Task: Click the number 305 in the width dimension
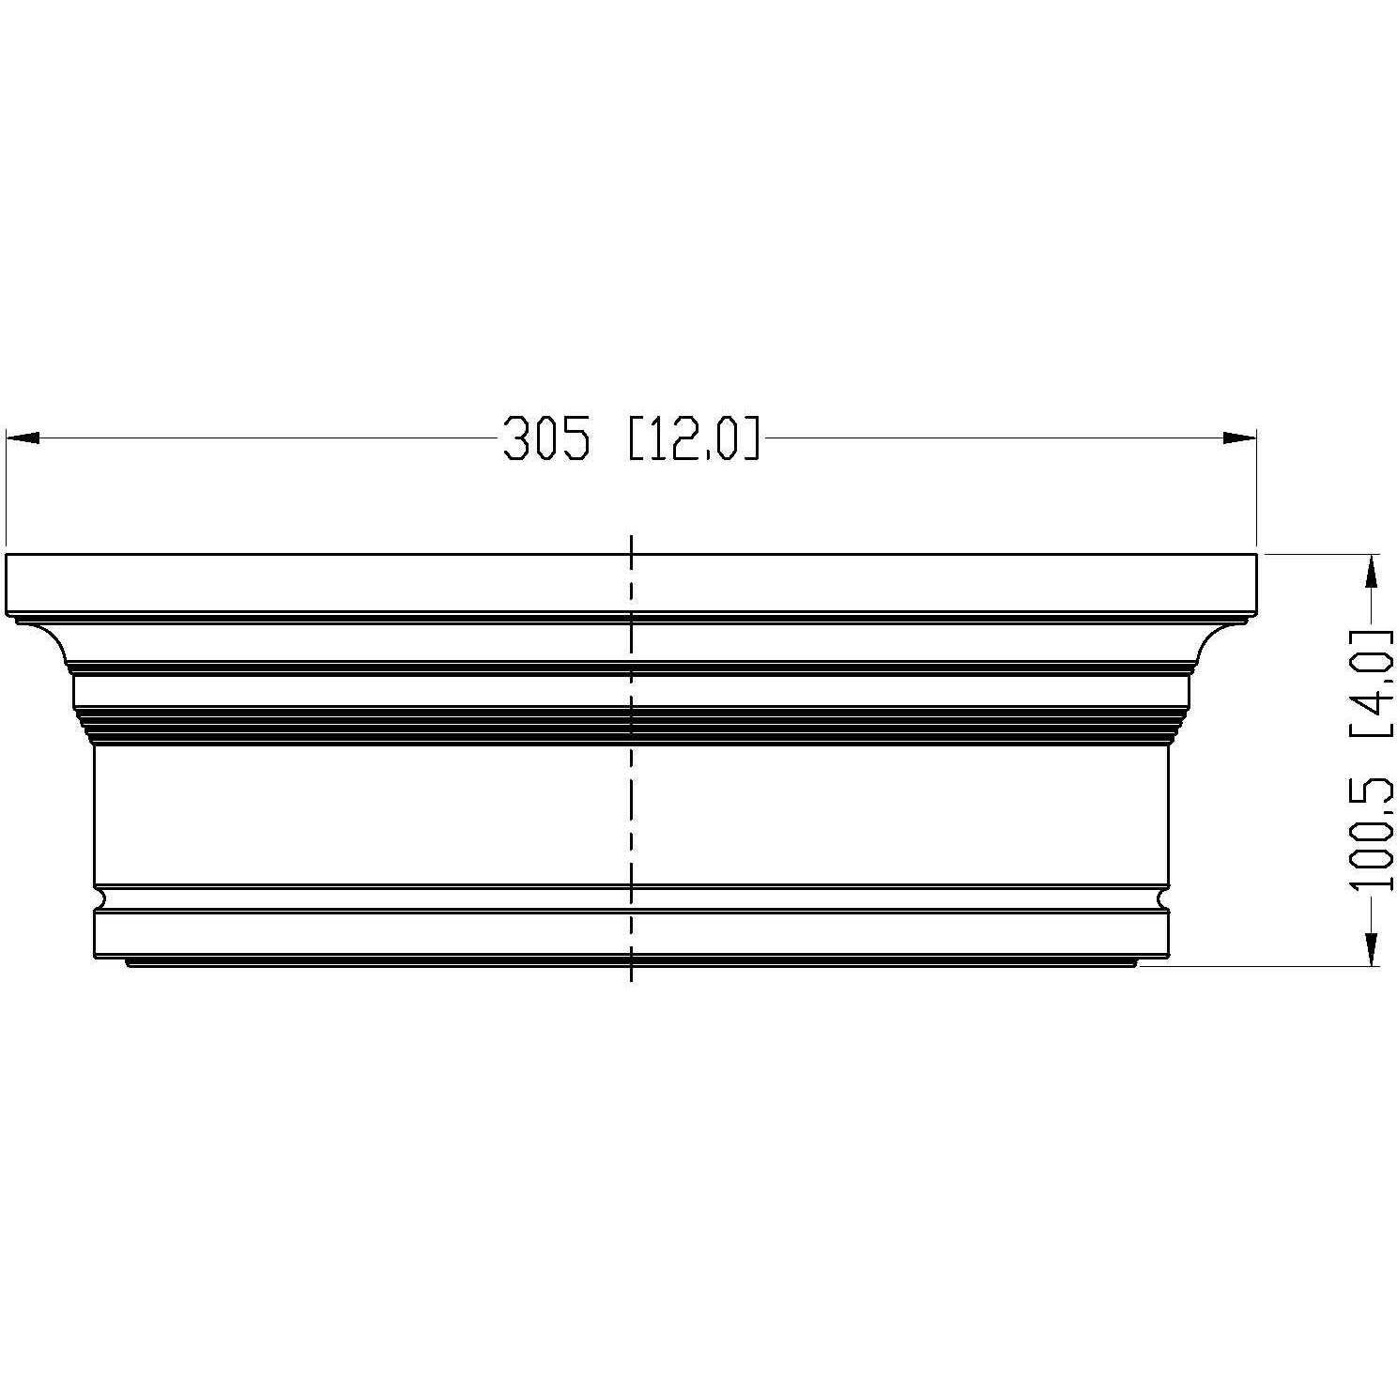pyautogui.click(x=547, y=439)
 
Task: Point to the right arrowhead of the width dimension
pyautogui.click(x=1239, y=438)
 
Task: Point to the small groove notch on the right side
pyautogui.click(x=1162, y=898)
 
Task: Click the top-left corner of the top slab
pyautogui.click(x=7, y=555)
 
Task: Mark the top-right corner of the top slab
pyautogui.click(x=1255, y=555)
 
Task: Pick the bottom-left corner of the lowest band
pyautogui.click(x=95, y=958)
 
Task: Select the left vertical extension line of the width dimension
pyautogui.click(x=7, y=488)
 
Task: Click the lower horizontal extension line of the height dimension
pyautogui.click(x=1258, y=965)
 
